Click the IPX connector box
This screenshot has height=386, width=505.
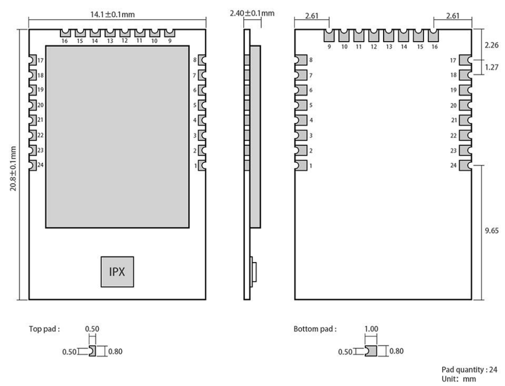pyautogui.click(x=117, y=272)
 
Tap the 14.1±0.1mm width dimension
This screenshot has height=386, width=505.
pyautogui.click(x=112, y=14)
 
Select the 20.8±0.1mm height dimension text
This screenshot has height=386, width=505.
pyautogui.click(x=13, y=169)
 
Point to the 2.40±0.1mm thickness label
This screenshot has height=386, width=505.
pyautogui.click(x=252, y=13)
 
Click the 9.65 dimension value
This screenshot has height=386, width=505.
pyautogui.click(x=491, y=231)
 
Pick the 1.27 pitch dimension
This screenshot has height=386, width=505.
pyautogui.click(x=491, y=67)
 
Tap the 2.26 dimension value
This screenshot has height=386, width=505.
pyautogui.click(x=491, y=45)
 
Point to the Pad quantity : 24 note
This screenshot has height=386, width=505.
pyautogui.click(x=469, y=370)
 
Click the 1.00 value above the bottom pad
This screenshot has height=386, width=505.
pyautogui.click(x=371, y=329)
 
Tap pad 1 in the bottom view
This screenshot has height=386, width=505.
pyautogui.click(x=301, y=165)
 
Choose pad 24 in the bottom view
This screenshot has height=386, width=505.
pyautogui.click(x=465, y=165)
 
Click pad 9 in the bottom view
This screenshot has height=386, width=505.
pyautogui.click(x=329, y=35)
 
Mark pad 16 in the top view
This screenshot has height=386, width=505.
pyautogui.click(x=65, y=33)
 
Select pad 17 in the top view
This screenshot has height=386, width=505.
pyautogui.click(x=32, y=60)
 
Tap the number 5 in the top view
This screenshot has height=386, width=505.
pyautogui.click(x=195, y=105)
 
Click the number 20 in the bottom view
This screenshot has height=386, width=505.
pyautogui.click(x=454, y=105)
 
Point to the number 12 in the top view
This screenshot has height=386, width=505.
pyautogui.click(x=125, y=41)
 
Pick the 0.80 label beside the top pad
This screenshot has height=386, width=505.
pyautogui.click(x=115, y=352)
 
